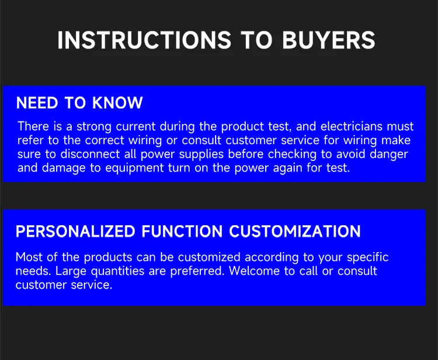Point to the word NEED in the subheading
click(37, 103)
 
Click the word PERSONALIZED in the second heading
click(75, 232)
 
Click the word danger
click(390, 154)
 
